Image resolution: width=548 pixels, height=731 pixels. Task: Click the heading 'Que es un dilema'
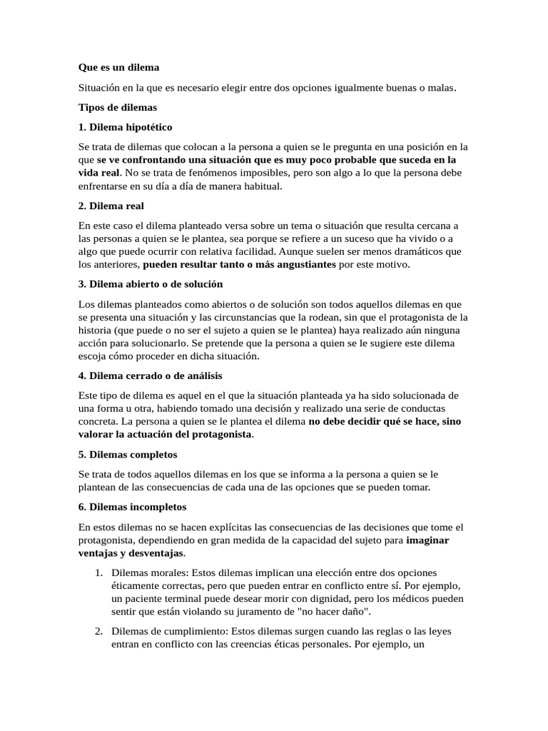[118, 68]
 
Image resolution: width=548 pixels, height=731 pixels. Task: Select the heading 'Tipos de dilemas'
[117, 108]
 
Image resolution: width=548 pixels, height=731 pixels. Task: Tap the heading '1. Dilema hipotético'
[125, 128]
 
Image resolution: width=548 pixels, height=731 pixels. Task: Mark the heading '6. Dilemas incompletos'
[132, 507]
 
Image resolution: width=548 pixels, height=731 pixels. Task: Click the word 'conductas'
[420, 408]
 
